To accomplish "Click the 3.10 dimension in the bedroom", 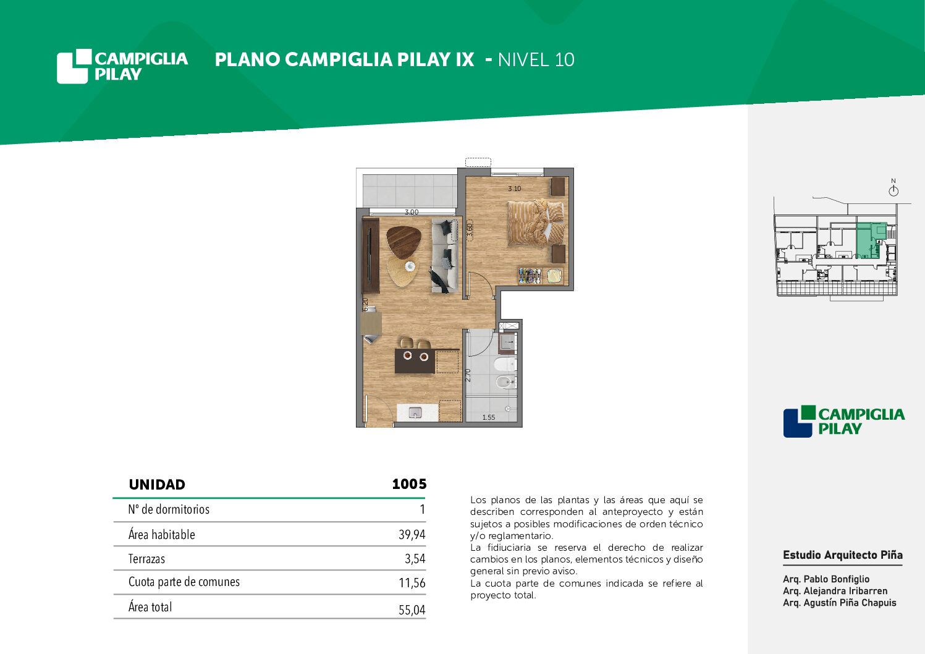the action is coord(514,189).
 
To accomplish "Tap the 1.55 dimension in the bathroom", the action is coord(489,417).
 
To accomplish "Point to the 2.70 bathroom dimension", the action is coord(468,375).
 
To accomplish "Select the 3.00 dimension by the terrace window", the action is coord(412,213).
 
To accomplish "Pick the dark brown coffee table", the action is coord(403,243).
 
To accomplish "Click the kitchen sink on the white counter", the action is coord(415,412).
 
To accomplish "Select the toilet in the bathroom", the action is coord(505,364).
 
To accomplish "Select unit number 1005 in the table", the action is coord(409,484).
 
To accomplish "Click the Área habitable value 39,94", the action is coord(412,535).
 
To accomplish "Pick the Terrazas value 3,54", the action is coord(415,559).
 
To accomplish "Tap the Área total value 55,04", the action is coord(412,609).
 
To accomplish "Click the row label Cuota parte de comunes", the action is coord(184,582).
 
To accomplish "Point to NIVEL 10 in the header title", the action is coord(536,60).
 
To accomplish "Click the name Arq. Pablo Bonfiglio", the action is coord(826,579).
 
